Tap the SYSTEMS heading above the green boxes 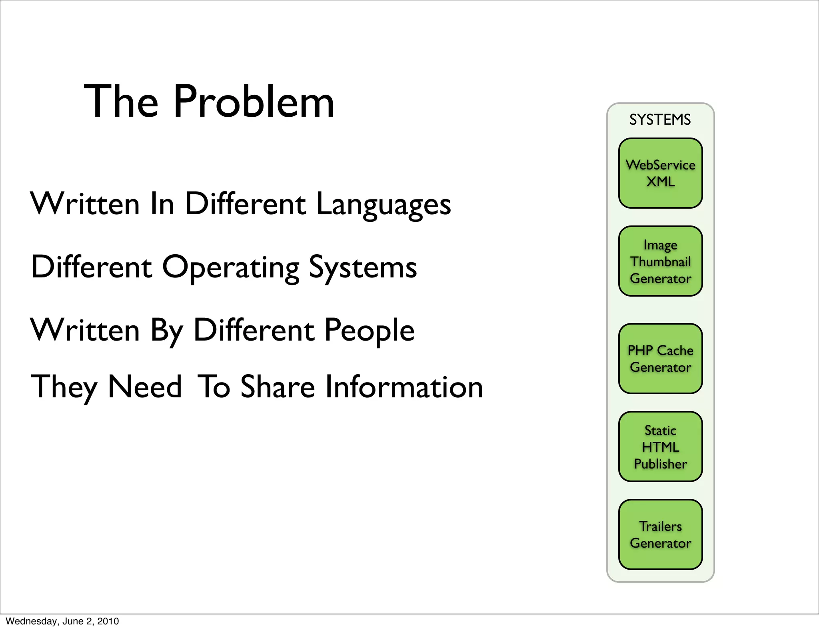click(660, 120)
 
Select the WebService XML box click(660, 173)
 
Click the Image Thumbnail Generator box click(660, 261)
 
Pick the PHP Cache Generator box click(660, 359)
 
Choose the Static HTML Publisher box click(660, 447)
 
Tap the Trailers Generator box click(660, 534)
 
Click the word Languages click(383, 205)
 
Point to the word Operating click(230, 268)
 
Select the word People click(369, 331)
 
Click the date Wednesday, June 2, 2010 click(62, 621)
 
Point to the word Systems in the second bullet click(363, 268)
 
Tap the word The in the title click(121, 102)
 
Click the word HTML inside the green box click(660, 447)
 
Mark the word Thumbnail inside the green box click(660, 262)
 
